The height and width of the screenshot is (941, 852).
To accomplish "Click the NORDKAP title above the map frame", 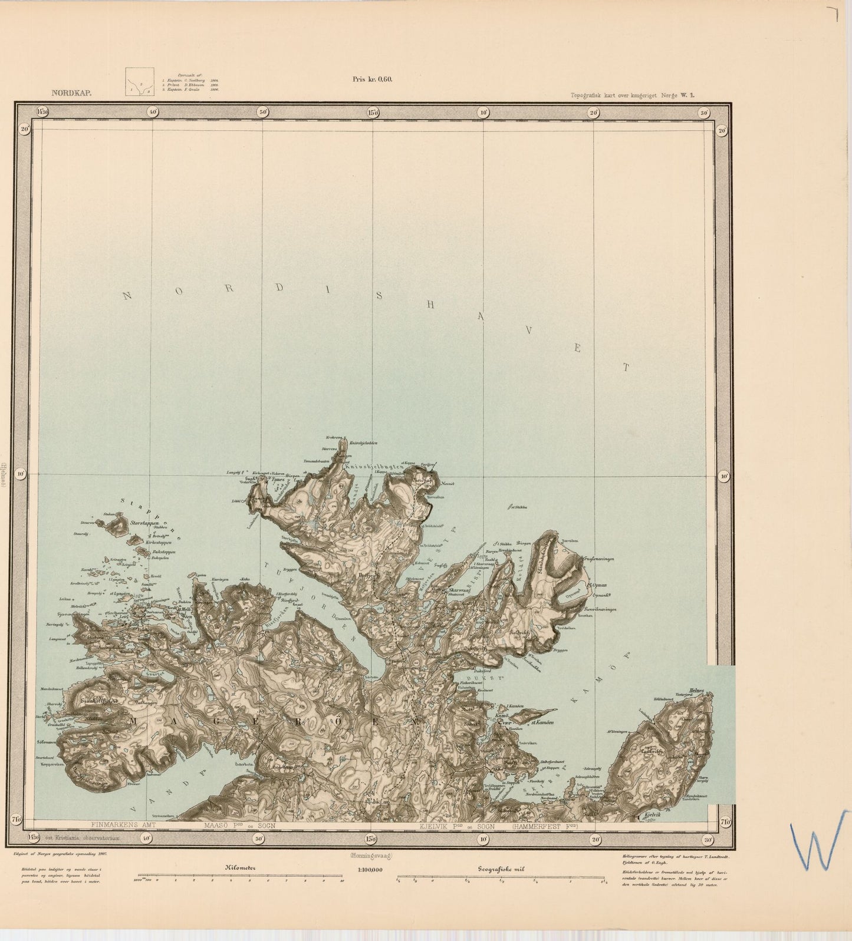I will click(x=71, y=93).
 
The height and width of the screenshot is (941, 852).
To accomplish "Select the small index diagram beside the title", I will click(x=140, y=82).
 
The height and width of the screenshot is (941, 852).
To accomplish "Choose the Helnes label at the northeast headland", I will click(x=696, y=691).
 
